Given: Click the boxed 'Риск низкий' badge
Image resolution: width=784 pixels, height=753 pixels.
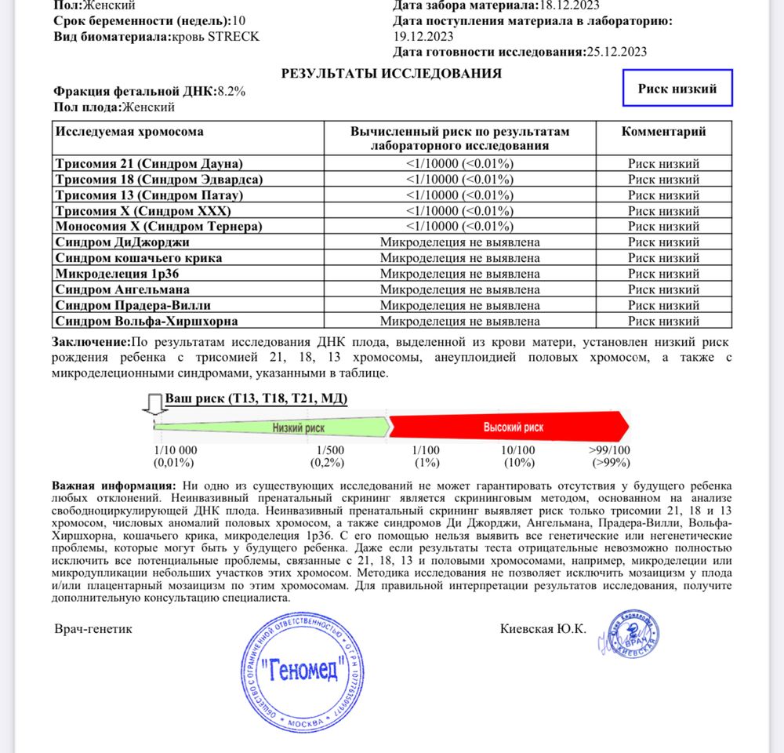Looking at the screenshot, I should pyautogui.click(x=678, y=89).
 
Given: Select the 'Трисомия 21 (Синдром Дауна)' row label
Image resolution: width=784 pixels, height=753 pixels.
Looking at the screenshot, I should pyautogui.click(x=149, y=164).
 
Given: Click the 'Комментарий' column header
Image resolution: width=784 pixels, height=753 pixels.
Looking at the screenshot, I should pyautogui.click(x=663, y=132).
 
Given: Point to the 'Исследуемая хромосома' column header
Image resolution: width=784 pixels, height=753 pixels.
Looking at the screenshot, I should pyautogui.click(x=129, y=132).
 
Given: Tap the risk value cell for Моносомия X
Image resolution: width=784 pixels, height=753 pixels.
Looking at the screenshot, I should pyautogui.click(x=459, y=227).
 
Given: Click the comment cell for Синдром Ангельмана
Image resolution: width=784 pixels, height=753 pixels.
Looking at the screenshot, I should pyautogui.click(x=663, y=289).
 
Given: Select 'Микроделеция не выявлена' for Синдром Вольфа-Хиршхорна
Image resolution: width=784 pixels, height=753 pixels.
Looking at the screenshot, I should pyautogui.click(x=459, y=321).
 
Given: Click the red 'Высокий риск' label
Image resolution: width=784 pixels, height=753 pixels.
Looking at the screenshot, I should pyautogui.click(x=513, y=427).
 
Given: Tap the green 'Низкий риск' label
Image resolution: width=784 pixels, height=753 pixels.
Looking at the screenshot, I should pyautogui.click(x=299, y=427).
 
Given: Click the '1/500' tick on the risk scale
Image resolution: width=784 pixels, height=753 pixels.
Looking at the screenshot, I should pyautogui.click(x=330, y=450).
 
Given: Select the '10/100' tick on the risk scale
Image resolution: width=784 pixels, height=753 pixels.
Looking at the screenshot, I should pyautogui.click(x=518, y=450).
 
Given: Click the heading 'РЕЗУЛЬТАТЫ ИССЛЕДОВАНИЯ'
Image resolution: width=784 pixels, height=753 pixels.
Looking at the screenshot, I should pyautogui.click(x=391, y=74).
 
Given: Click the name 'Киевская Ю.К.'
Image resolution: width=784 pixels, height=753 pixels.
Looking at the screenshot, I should pyautogui.click(x=543, y=629).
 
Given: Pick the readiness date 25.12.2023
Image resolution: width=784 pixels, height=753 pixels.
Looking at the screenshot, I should pyautogui.click(x=617, y=53).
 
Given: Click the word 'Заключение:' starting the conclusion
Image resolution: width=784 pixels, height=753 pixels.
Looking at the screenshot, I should pyautogui.click(x=91, y=343).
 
